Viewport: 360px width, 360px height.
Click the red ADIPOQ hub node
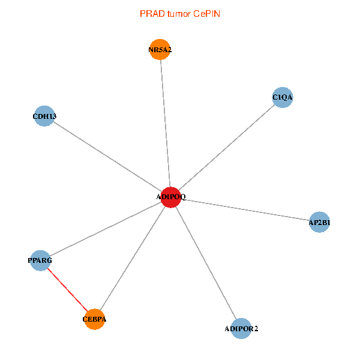tap(171, 197)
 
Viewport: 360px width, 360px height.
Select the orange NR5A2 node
tap(160, 50)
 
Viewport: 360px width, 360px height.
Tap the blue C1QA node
tap(282, 97)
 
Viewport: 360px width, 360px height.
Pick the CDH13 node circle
tap(44, 116)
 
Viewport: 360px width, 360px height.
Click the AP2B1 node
tap(319, 223)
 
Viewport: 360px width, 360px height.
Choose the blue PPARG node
tap(40, 260)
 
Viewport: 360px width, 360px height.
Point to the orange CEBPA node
tap(94, 319)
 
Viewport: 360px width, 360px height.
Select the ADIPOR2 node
tap(241, 328)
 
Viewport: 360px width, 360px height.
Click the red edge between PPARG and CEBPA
tap(67, 290)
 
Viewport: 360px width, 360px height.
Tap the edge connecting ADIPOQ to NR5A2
tap(166, 123)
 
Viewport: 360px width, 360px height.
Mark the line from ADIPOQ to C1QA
tap(227, 147)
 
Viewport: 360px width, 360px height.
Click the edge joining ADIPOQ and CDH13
tap(107, 157)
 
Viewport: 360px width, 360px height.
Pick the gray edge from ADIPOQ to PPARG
tap(105, 229)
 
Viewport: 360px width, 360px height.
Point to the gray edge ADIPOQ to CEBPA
tap(133, 258)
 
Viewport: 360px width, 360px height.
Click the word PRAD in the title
tap(150, 13)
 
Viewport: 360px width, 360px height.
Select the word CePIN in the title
tap(206, 13)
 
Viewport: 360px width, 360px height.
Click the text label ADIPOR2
tap(241, 329)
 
